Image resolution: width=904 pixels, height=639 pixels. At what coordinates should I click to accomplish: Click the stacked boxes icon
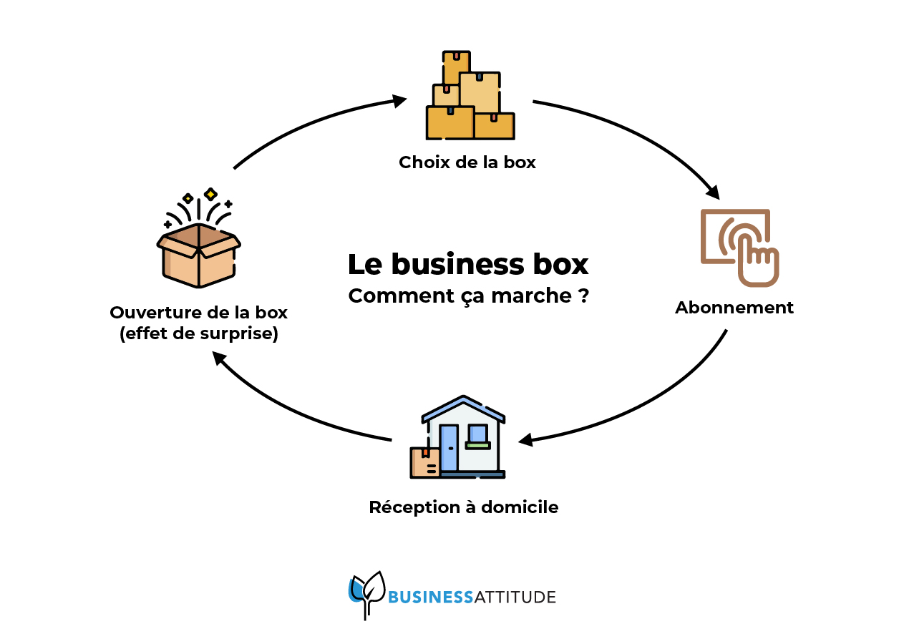[x=470, y=96]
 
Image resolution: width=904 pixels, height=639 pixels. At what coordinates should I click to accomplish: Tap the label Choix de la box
[x=467, y=162]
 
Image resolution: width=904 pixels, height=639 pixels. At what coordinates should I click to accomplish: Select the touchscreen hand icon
[x=739, y=247]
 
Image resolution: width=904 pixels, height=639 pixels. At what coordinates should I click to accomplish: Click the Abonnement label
[x=734, y=308]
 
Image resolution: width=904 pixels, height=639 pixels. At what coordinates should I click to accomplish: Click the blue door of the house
[x=449, y=448]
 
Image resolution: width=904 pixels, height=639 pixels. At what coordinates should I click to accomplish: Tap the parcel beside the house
[x=424, y=462]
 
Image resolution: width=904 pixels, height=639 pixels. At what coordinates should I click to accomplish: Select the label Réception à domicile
[x=463, y=507]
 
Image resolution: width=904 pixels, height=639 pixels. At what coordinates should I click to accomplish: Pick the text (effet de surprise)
[x=198, y=334]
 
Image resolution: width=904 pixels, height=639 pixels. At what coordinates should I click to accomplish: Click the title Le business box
[x=467, y=265]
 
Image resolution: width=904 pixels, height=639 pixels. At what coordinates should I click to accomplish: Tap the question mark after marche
[x=584, y=296]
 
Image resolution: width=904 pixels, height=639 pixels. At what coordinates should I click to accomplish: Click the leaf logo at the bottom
[x=367, y=592]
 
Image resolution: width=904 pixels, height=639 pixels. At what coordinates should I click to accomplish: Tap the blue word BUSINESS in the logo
[x=430, y=597]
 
